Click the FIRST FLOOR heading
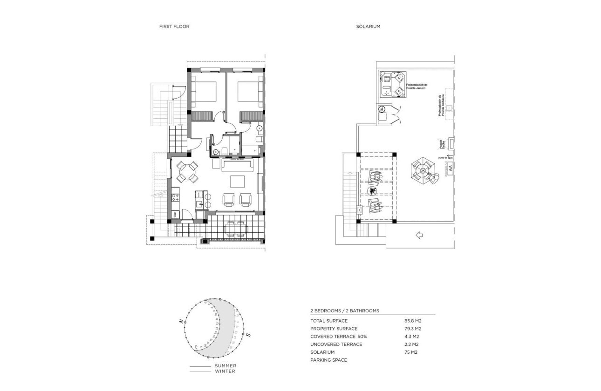point(174,27)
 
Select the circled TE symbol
point(381,109)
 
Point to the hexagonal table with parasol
point(423,171)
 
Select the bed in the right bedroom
point(248,91)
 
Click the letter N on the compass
point(180,321)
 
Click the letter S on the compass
point(248,335)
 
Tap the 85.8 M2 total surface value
point(413,321)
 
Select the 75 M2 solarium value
point(410,352)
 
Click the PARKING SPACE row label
point(328,360)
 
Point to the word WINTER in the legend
point(225,371)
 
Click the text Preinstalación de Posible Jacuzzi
point(417,87)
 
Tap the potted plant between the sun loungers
point(372,191)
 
